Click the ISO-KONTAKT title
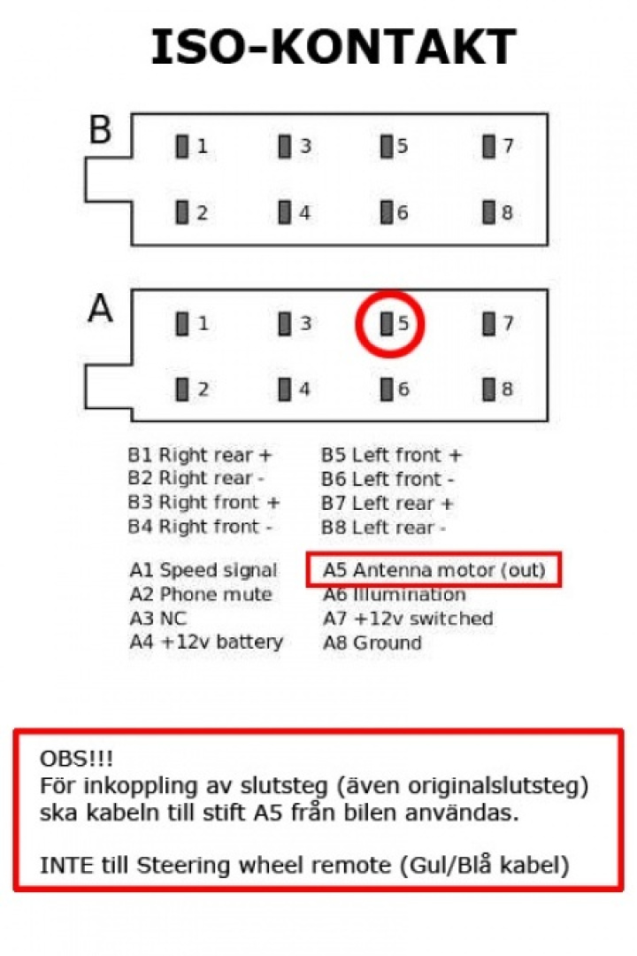(333, 47)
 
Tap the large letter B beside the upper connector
(100, 130)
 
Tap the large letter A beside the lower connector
(101, 309)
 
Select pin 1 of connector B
(182, 146)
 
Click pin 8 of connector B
(488, 212)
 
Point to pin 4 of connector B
(285, 212)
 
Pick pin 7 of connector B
(488, 146)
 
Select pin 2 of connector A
(182, 389)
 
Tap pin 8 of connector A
(488, 389)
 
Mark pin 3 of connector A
(285, 324)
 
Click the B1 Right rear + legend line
(200, 456)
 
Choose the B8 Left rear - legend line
(383, 528)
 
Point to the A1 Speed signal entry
(203, 571)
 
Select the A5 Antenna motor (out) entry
(434, 571)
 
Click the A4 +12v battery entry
(205, 643)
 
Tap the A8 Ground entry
(372, 643)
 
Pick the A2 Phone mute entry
(200, 595)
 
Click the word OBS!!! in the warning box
(77, 759)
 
